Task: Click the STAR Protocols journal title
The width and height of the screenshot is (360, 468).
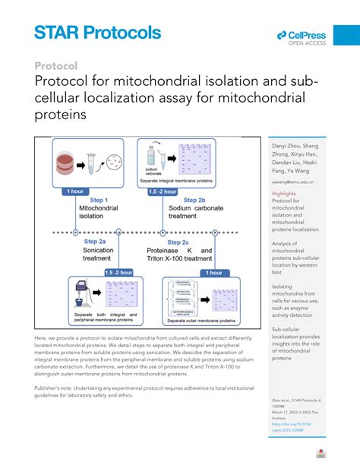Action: tap(97, 32)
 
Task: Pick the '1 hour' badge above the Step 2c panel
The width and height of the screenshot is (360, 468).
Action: tap(213, 272)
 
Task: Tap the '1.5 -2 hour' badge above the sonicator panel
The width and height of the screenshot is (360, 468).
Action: tap(118, 272)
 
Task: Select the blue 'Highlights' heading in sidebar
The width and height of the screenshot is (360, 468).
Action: tap(284, 194)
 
